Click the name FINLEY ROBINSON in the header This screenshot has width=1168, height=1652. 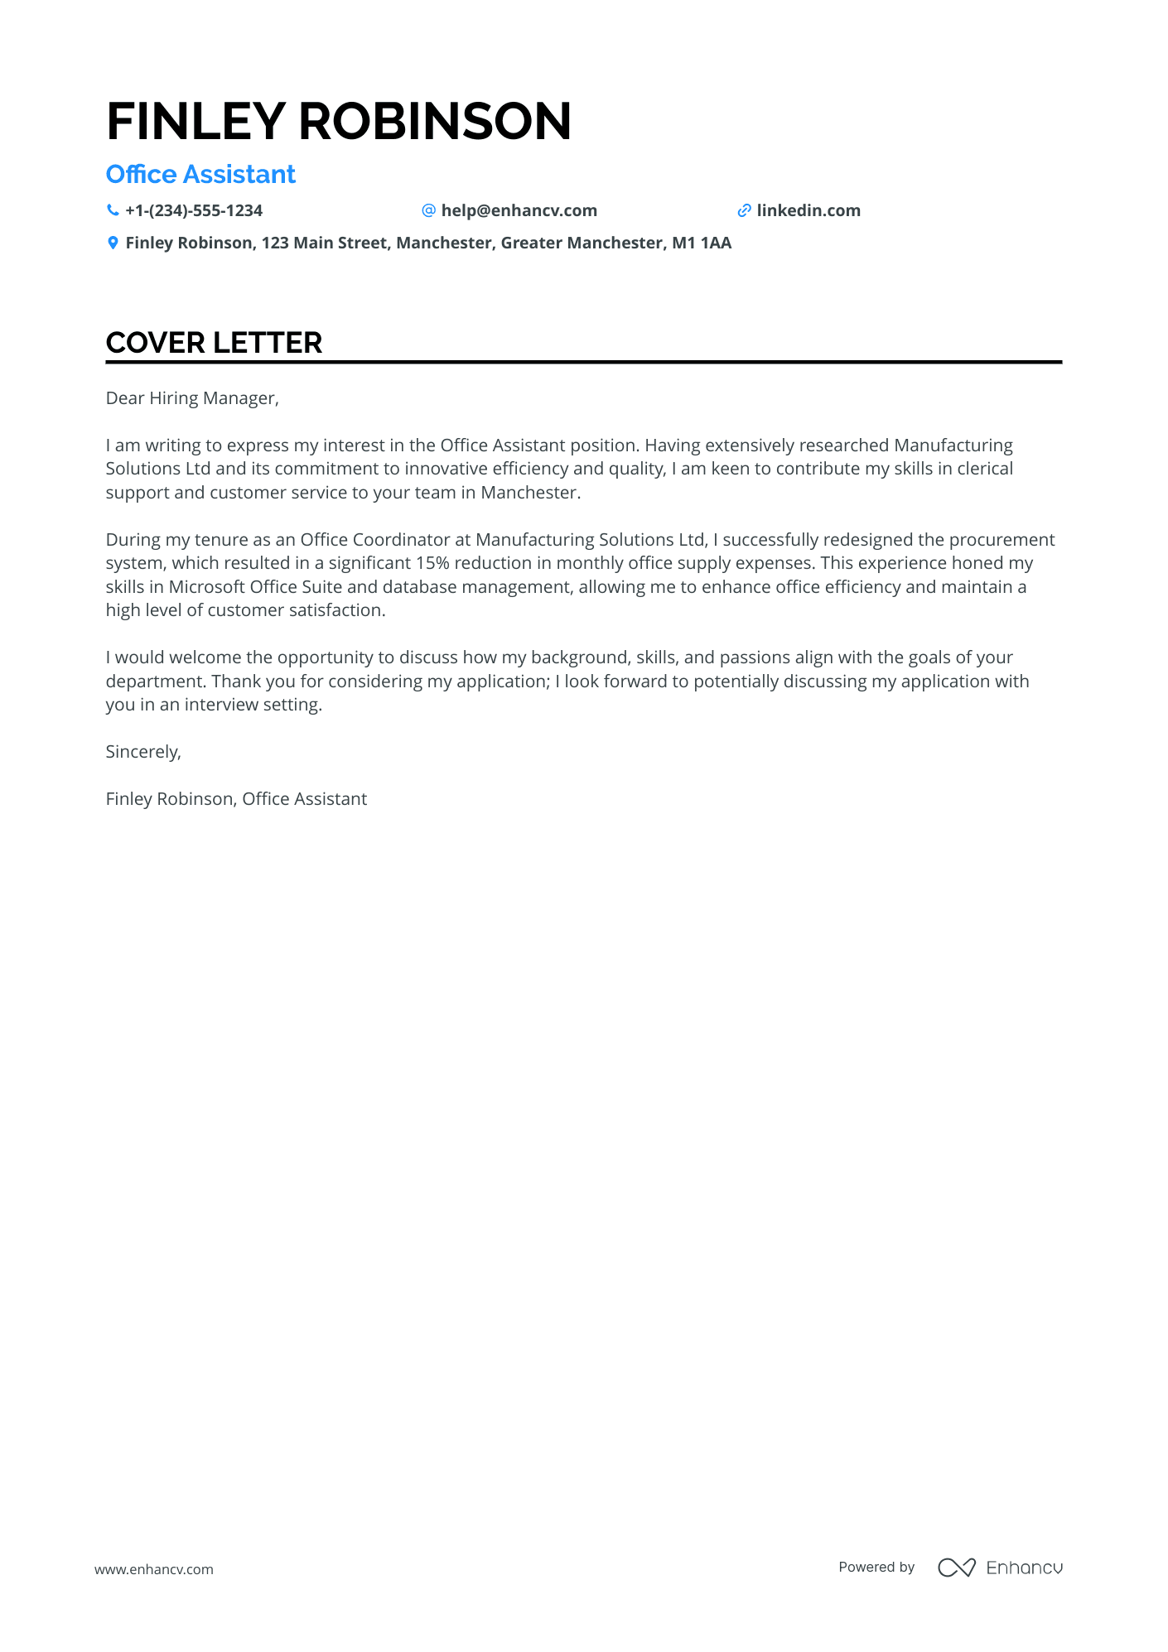(x=339, y=122)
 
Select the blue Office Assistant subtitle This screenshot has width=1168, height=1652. (x=200, y=175)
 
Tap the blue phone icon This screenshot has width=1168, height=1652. (x=113, y=210)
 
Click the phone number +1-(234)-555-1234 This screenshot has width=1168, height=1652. (x=194, y=211)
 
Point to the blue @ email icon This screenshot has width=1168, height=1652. (x=428, y=210)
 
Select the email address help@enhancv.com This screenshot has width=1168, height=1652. (x=519, y=211)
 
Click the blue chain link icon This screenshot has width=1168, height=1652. (x=744, y=211)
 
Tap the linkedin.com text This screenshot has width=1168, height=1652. (x=808, y=211)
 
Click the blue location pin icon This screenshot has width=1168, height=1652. (x=113, y=243)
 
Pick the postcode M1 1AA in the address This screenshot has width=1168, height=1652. (x=702, y=243)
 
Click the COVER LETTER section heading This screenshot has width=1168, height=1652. (x=214, y=343)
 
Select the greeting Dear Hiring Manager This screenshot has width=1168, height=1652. (x=192, y=398)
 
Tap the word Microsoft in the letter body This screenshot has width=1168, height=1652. (x=207, y=587)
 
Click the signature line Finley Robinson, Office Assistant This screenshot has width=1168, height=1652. (x=236, y=799)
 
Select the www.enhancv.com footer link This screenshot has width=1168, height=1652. (x=154, y=1569)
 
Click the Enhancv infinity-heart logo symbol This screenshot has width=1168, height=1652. (x=956, y=1568)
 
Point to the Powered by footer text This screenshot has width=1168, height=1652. (x=876, y=1568)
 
